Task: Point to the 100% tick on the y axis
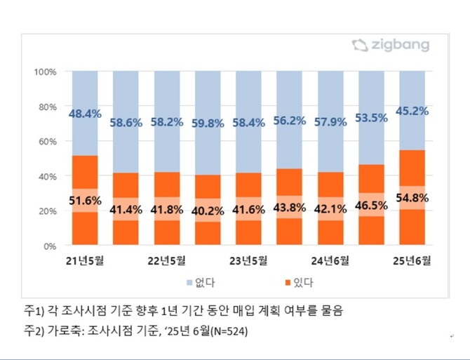click(46, 72)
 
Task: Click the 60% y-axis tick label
click(48, 141)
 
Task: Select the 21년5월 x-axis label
click(84, 262)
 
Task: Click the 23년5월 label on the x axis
click(248, 262)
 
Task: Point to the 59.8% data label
click(208, 123)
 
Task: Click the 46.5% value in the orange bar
click(372, 206)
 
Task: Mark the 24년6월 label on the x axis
click(330, 262)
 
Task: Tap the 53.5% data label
click(372, 117)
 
